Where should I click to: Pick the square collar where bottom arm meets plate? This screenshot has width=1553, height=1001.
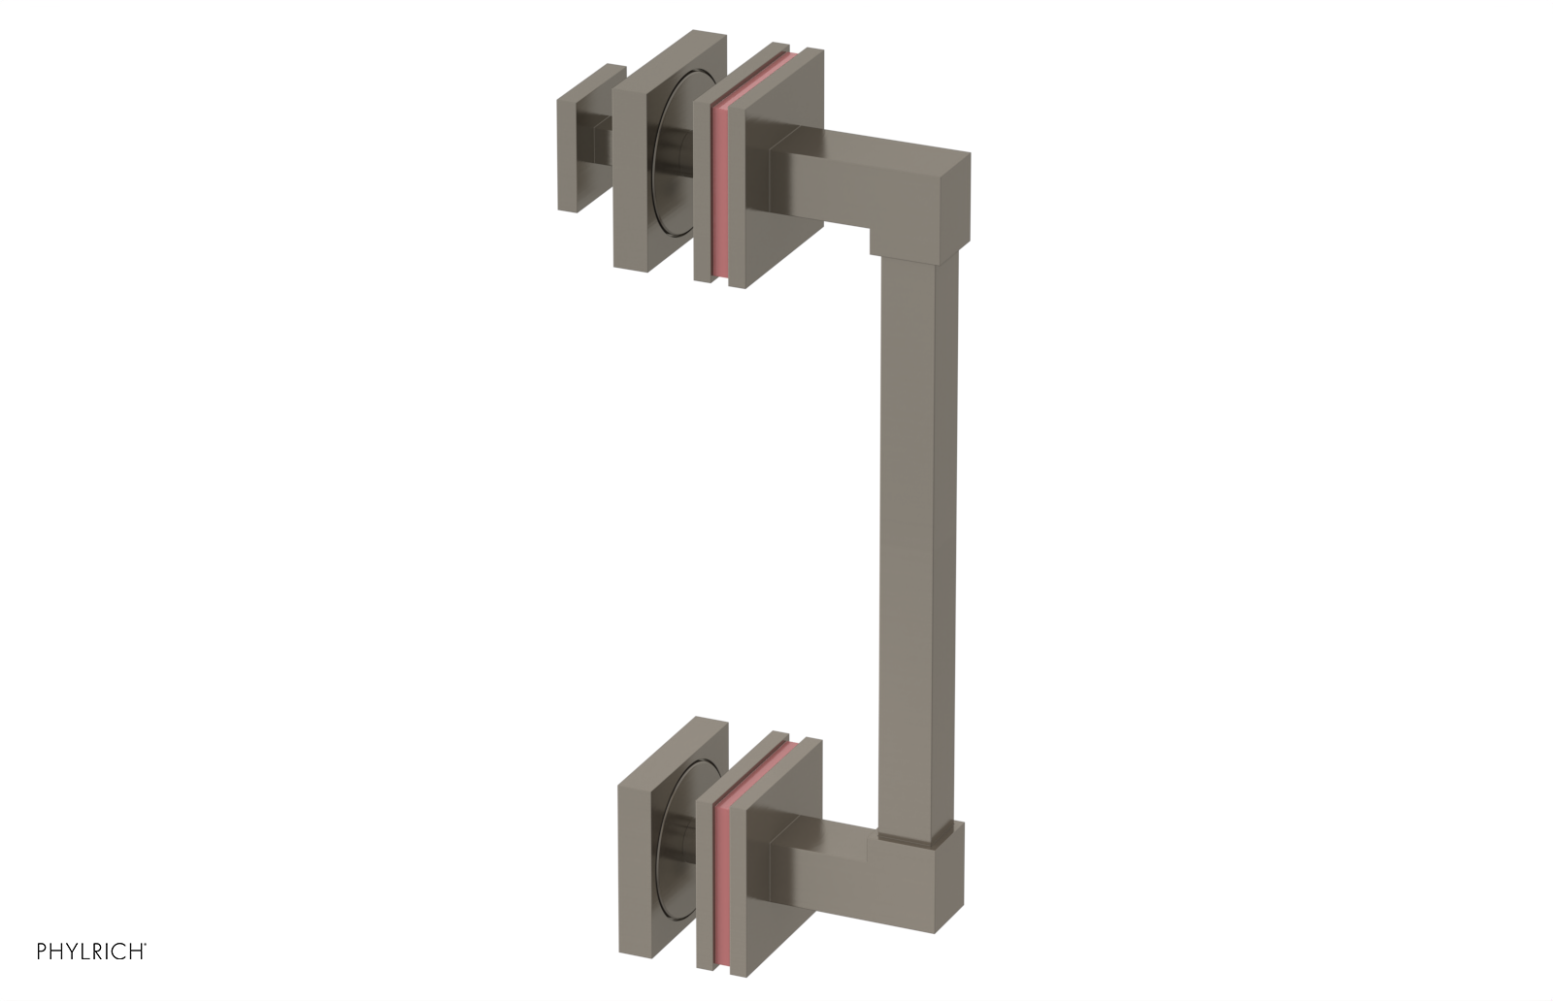(x=779, y=866)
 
